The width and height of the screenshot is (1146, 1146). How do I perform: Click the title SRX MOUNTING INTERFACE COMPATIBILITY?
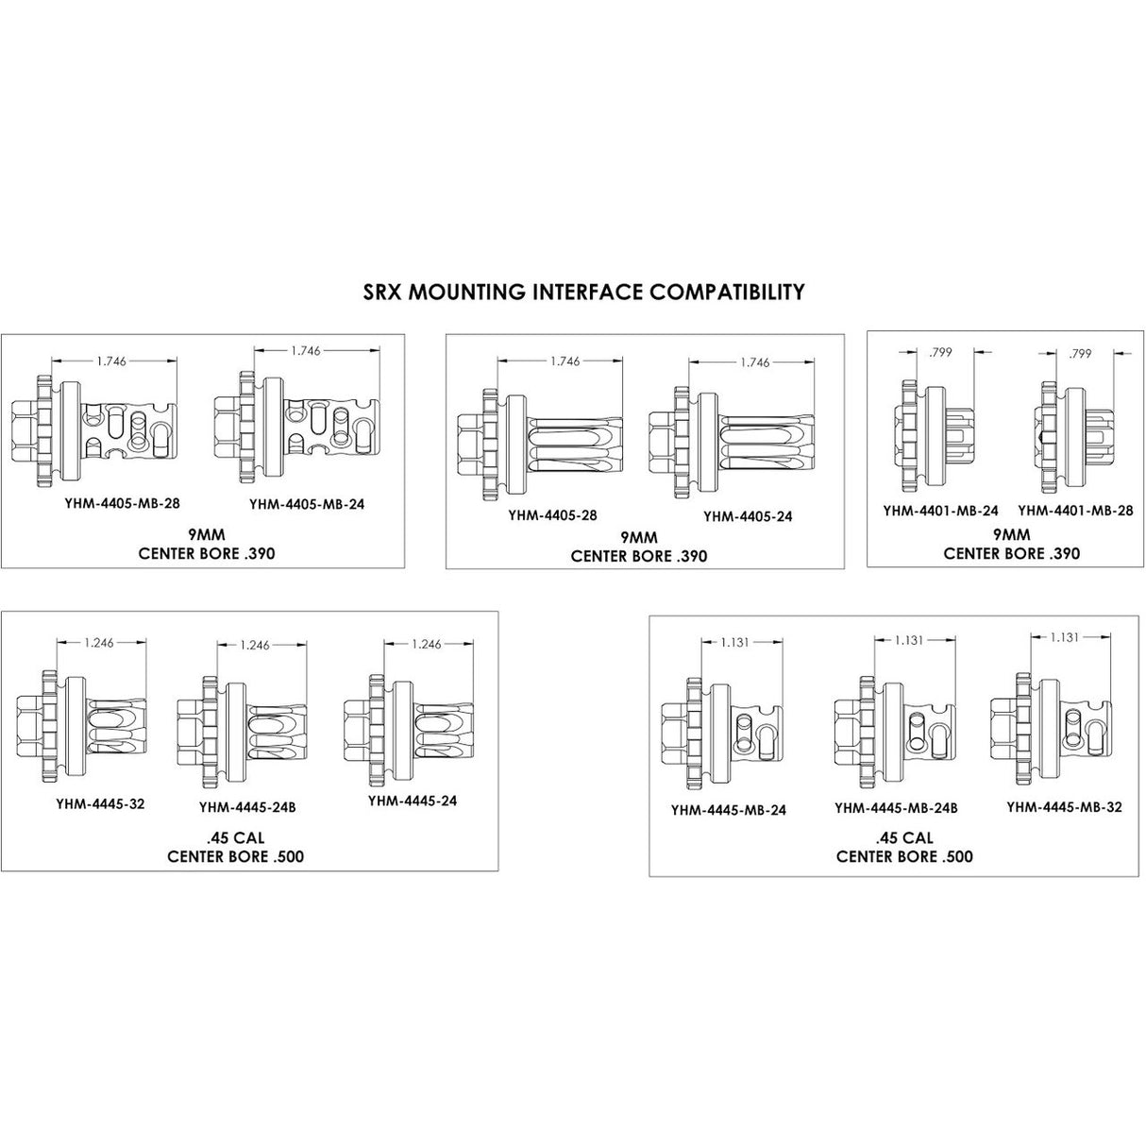[584, 292]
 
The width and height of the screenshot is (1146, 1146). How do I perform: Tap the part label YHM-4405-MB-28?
[122, 503]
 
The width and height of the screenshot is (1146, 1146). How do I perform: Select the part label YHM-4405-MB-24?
[307, 504]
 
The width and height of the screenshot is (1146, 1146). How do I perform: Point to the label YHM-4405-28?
[552, 515]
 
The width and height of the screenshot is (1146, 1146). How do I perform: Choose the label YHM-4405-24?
[749, 516]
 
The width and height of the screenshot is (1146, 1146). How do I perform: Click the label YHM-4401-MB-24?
[941, 511]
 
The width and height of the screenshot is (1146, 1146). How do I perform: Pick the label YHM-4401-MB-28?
[1075, 511]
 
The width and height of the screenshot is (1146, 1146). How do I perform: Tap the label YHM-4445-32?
[100, 804]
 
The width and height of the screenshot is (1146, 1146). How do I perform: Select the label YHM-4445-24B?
[247, 808]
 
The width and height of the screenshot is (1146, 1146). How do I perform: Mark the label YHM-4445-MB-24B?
[896, 808]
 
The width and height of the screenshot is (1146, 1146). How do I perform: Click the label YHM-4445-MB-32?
[1065, 807]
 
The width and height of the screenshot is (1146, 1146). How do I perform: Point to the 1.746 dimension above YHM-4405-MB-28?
[111, 361]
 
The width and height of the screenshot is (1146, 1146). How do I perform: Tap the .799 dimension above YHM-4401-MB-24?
[940, 353]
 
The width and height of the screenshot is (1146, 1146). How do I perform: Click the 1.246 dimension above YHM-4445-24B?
[255, 645]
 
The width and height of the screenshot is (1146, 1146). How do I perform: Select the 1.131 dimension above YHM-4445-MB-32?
[1065, 637]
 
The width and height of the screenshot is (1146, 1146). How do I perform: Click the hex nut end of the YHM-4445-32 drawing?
[29, 724]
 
